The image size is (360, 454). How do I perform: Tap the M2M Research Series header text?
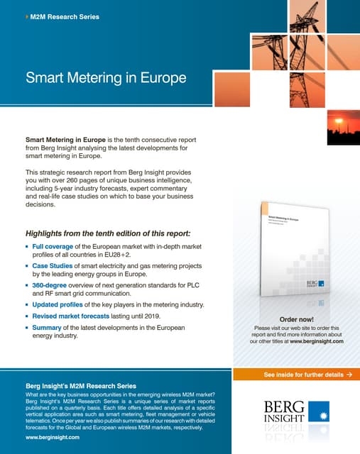(x=65, y=16)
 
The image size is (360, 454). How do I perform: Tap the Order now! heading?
(x=297, y=319)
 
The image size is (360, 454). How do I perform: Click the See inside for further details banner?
(x=307, y=374)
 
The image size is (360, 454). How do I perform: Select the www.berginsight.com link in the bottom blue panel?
(x=53, y=438)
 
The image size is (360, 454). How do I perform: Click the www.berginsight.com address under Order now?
(x=316, y=341)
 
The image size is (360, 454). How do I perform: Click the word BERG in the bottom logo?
(x=285, y=406)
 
